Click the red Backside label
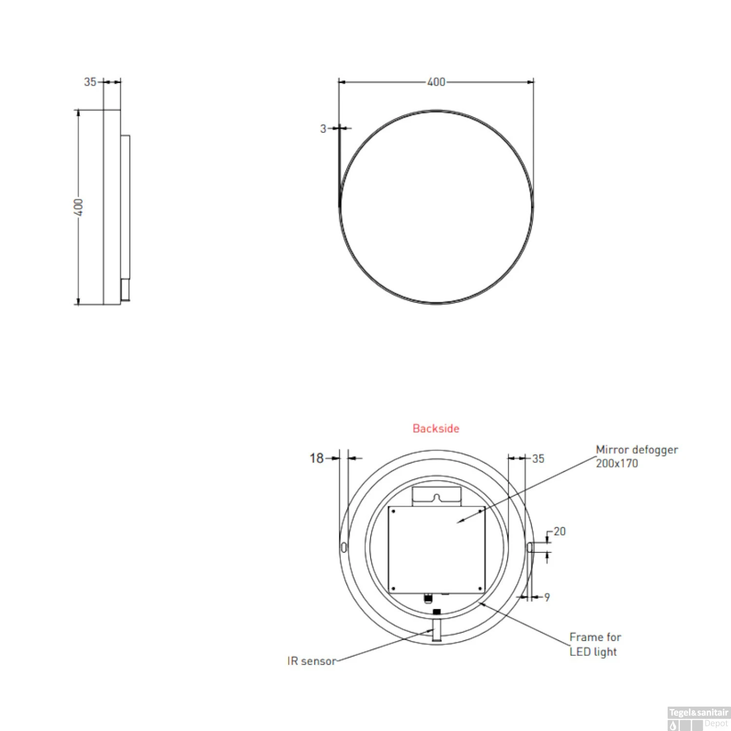436,428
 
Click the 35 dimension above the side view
90,82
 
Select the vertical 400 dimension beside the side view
78,207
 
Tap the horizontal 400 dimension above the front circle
436,82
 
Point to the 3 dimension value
323,129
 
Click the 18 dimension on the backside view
317,458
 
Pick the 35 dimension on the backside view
538,459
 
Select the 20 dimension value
559,532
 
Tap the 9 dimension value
547,597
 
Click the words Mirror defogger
636,450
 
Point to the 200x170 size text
616,463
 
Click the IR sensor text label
311,661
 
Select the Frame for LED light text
595,644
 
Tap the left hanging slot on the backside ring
344,547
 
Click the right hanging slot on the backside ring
530,547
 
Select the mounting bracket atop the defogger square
436,496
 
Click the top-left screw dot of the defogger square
393,511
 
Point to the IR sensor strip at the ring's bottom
437,630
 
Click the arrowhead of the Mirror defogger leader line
459,522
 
